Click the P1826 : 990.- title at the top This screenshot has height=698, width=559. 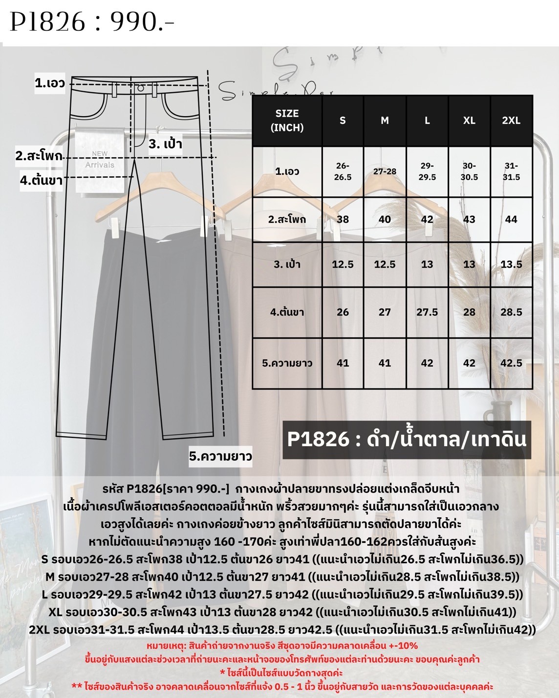pos(92,22)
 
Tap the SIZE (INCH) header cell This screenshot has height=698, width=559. pos(287,121)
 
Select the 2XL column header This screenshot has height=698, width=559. pos(511,121)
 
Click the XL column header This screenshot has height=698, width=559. pos(469,121)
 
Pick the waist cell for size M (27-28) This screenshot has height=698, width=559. pos(385,171)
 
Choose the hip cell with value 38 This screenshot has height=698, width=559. pos(343,219)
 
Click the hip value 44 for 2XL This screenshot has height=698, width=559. pos(511,219)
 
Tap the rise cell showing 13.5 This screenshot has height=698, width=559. pos(511,264)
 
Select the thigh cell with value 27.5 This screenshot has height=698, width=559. pos(427,312)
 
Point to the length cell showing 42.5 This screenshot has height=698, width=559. pos(511,363)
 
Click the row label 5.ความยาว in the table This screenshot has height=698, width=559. pos(287,363)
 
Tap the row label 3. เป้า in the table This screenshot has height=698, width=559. pos(287,264)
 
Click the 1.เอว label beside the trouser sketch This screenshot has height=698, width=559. pos(50,83)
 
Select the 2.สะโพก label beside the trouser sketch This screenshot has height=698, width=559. pos(39,156)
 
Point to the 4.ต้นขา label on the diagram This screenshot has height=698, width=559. pos(41,180)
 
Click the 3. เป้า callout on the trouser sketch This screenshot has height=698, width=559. pos(165,144)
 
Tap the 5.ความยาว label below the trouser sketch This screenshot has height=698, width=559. pos(220,456)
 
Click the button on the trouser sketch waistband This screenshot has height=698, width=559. pos(141,88)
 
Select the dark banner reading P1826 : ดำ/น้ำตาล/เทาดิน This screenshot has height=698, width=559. pos(407,439)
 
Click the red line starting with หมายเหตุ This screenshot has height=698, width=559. pos(282,646)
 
